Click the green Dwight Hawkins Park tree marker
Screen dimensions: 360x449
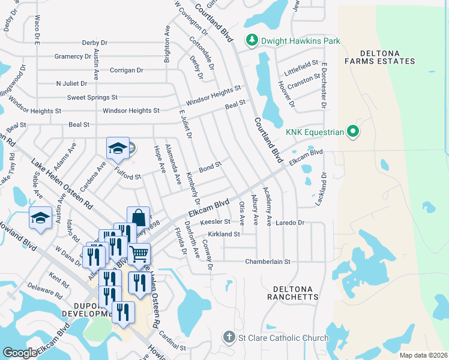(252, 41)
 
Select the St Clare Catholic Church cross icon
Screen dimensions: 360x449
(229, 338)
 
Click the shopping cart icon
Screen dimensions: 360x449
(139, 254)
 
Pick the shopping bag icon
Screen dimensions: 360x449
(137, 218)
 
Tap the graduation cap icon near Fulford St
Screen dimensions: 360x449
(118, 149)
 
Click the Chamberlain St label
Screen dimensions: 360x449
(267, 262)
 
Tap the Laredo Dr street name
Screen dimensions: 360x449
(291, 223)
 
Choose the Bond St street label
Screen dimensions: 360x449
(211, 167)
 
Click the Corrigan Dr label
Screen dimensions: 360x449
(127, 70)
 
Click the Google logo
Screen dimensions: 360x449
(20, 352)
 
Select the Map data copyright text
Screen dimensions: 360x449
(423, 355)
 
